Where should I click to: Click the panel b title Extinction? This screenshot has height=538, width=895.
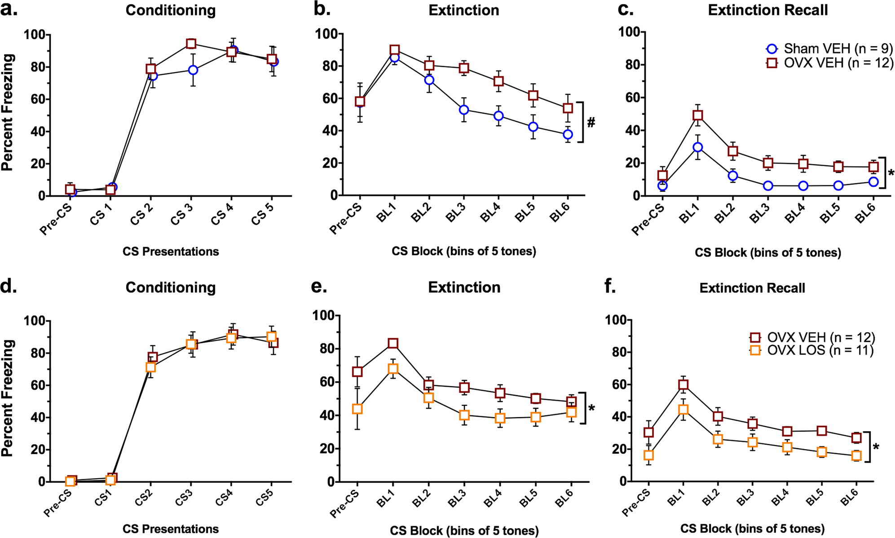coord(463,10)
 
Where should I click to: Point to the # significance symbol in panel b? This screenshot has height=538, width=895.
coord(591,122)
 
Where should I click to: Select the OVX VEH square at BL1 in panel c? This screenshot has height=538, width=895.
coord(697,115)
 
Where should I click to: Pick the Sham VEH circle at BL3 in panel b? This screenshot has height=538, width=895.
coord(464,110)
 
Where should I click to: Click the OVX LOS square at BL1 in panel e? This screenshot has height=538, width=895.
coord(393,369)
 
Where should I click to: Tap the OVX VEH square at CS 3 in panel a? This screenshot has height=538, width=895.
coord(191,44)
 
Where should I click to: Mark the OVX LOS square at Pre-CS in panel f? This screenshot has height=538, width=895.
coord(648,455)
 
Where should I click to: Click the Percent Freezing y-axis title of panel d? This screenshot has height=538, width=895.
coord(8,398)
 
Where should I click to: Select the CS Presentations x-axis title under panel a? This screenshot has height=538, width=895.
coord(171,251)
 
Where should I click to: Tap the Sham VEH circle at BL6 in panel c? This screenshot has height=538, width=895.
coord(873,182)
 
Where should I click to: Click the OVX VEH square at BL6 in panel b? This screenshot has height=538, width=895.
coord(568,108)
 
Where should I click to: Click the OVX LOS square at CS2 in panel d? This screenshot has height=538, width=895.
coord(150,367)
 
